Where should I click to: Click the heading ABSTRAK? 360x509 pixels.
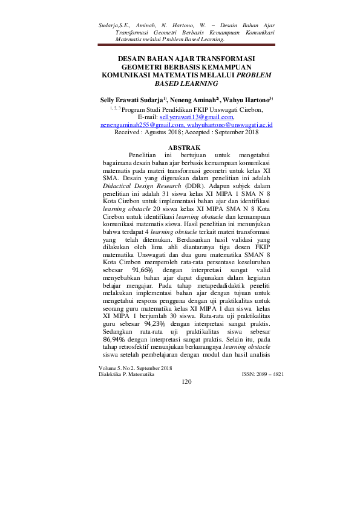click(180, 148)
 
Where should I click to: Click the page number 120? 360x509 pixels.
click(186, 381)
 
